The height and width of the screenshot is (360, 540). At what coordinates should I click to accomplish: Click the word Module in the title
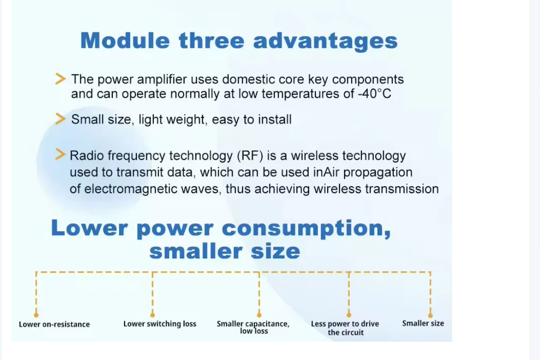(x=125, y=41)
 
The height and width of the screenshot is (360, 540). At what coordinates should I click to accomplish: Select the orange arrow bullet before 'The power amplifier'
(x=60, y=78)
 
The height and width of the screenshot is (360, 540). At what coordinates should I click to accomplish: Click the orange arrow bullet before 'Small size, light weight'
(x=60, y=119)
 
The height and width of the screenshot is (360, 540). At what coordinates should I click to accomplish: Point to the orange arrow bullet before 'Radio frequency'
(x=60, y=154)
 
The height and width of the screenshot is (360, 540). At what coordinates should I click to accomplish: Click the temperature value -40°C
(x=375, y=94)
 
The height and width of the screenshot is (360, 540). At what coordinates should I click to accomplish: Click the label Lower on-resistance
(x=54, y=325)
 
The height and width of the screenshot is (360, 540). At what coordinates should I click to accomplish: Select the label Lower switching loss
(x=160, y=324)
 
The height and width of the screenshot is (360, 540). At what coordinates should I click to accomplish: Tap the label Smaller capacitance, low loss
(x=253, y=327)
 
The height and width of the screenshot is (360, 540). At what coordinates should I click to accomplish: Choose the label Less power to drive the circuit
(x=345, y=328)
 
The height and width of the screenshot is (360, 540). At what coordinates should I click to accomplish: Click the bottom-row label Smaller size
(x=423, y=324)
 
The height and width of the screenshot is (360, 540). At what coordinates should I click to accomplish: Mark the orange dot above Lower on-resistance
(x=36, y=315)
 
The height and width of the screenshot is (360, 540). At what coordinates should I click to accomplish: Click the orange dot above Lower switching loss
(x=152, y=315)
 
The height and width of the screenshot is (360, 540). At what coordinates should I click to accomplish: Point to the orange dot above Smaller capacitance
(x=259, y=315)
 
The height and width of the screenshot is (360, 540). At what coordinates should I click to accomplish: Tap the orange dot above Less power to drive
(x=349, y=315)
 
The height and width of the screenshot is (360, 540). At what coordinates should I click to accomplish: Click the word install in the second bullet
(x=275, y=120)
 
